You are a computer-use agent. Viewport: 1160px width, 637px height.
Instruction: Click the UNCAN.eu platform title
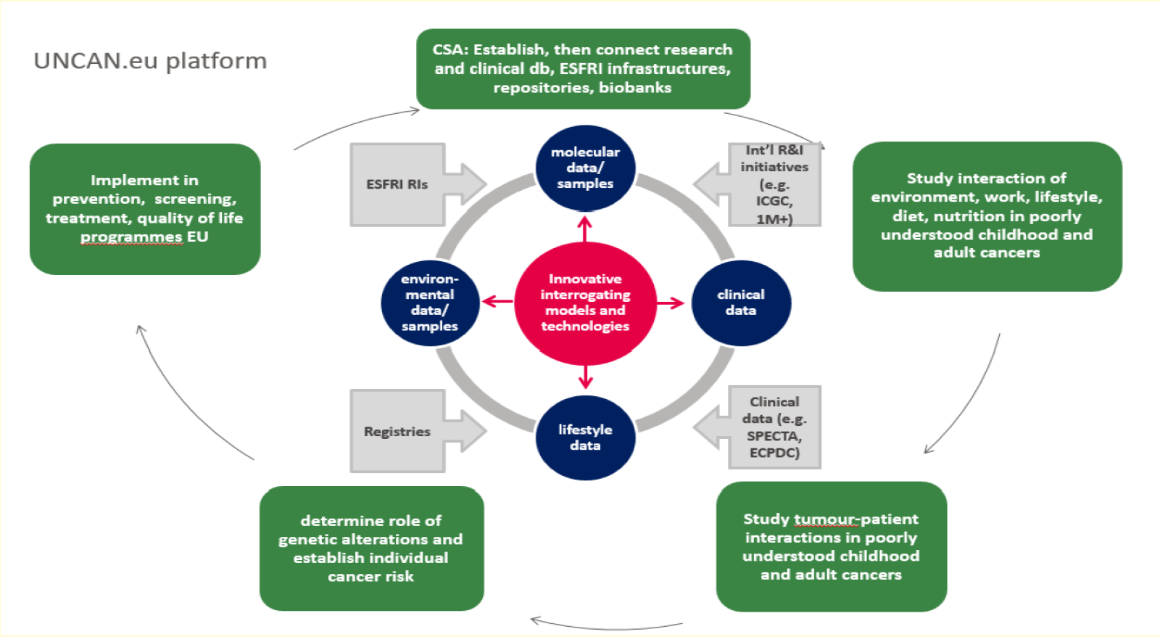click(150, 61)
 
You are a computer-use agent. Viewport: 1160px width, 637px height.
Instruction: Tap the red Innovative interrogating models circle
click(585, 303)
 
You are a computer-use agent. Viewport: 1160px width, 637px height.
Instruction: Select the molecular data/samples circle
click(585, 168)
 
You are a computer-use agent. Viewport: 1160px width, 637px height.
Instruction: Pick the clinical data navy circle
click(741, 303)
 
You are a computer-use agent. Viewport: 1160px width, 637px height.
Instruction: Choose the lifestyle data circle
click(585, 437)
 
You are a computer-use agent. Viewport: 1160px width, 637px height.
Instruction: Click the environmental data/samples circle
click(430, 303)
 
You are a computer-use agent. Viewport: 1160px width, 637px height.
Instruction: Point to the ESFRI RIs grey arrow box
click(406, 184)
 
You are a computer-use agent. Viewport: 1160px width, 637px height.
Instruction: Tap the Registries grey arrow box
click(406, 431)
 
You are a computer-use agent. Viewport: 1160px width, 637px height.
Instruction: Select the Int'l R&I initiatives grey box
click(773, 184)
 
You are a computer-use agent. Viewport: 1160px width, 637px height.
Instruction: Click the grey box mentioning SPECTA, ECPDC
click(773, 427)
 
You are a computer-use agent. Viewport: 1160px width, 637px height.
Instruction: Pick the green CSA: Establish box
click(583, 69)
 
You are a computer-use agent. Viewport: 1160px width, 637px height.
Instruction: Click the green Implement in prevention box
click(145, 209)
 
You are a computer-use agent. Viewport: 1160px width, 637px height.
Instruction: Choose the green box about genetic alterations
click(371, 548)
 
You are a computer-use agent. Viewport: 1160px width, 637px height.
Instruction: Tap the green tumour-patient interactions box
click(831, 546)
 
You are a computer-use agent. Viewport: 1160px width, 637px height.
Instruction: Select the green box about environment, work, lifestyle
click(987, 216)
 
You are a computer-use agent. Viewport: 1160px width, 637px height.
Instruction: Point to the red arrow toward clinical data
click(671, 303)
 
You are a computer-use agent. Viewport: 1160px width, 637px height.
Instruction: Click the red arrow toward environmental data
click(497, 301)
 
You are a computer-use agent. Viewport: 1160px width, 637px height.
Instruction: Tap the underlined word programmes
click(131, 237)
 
